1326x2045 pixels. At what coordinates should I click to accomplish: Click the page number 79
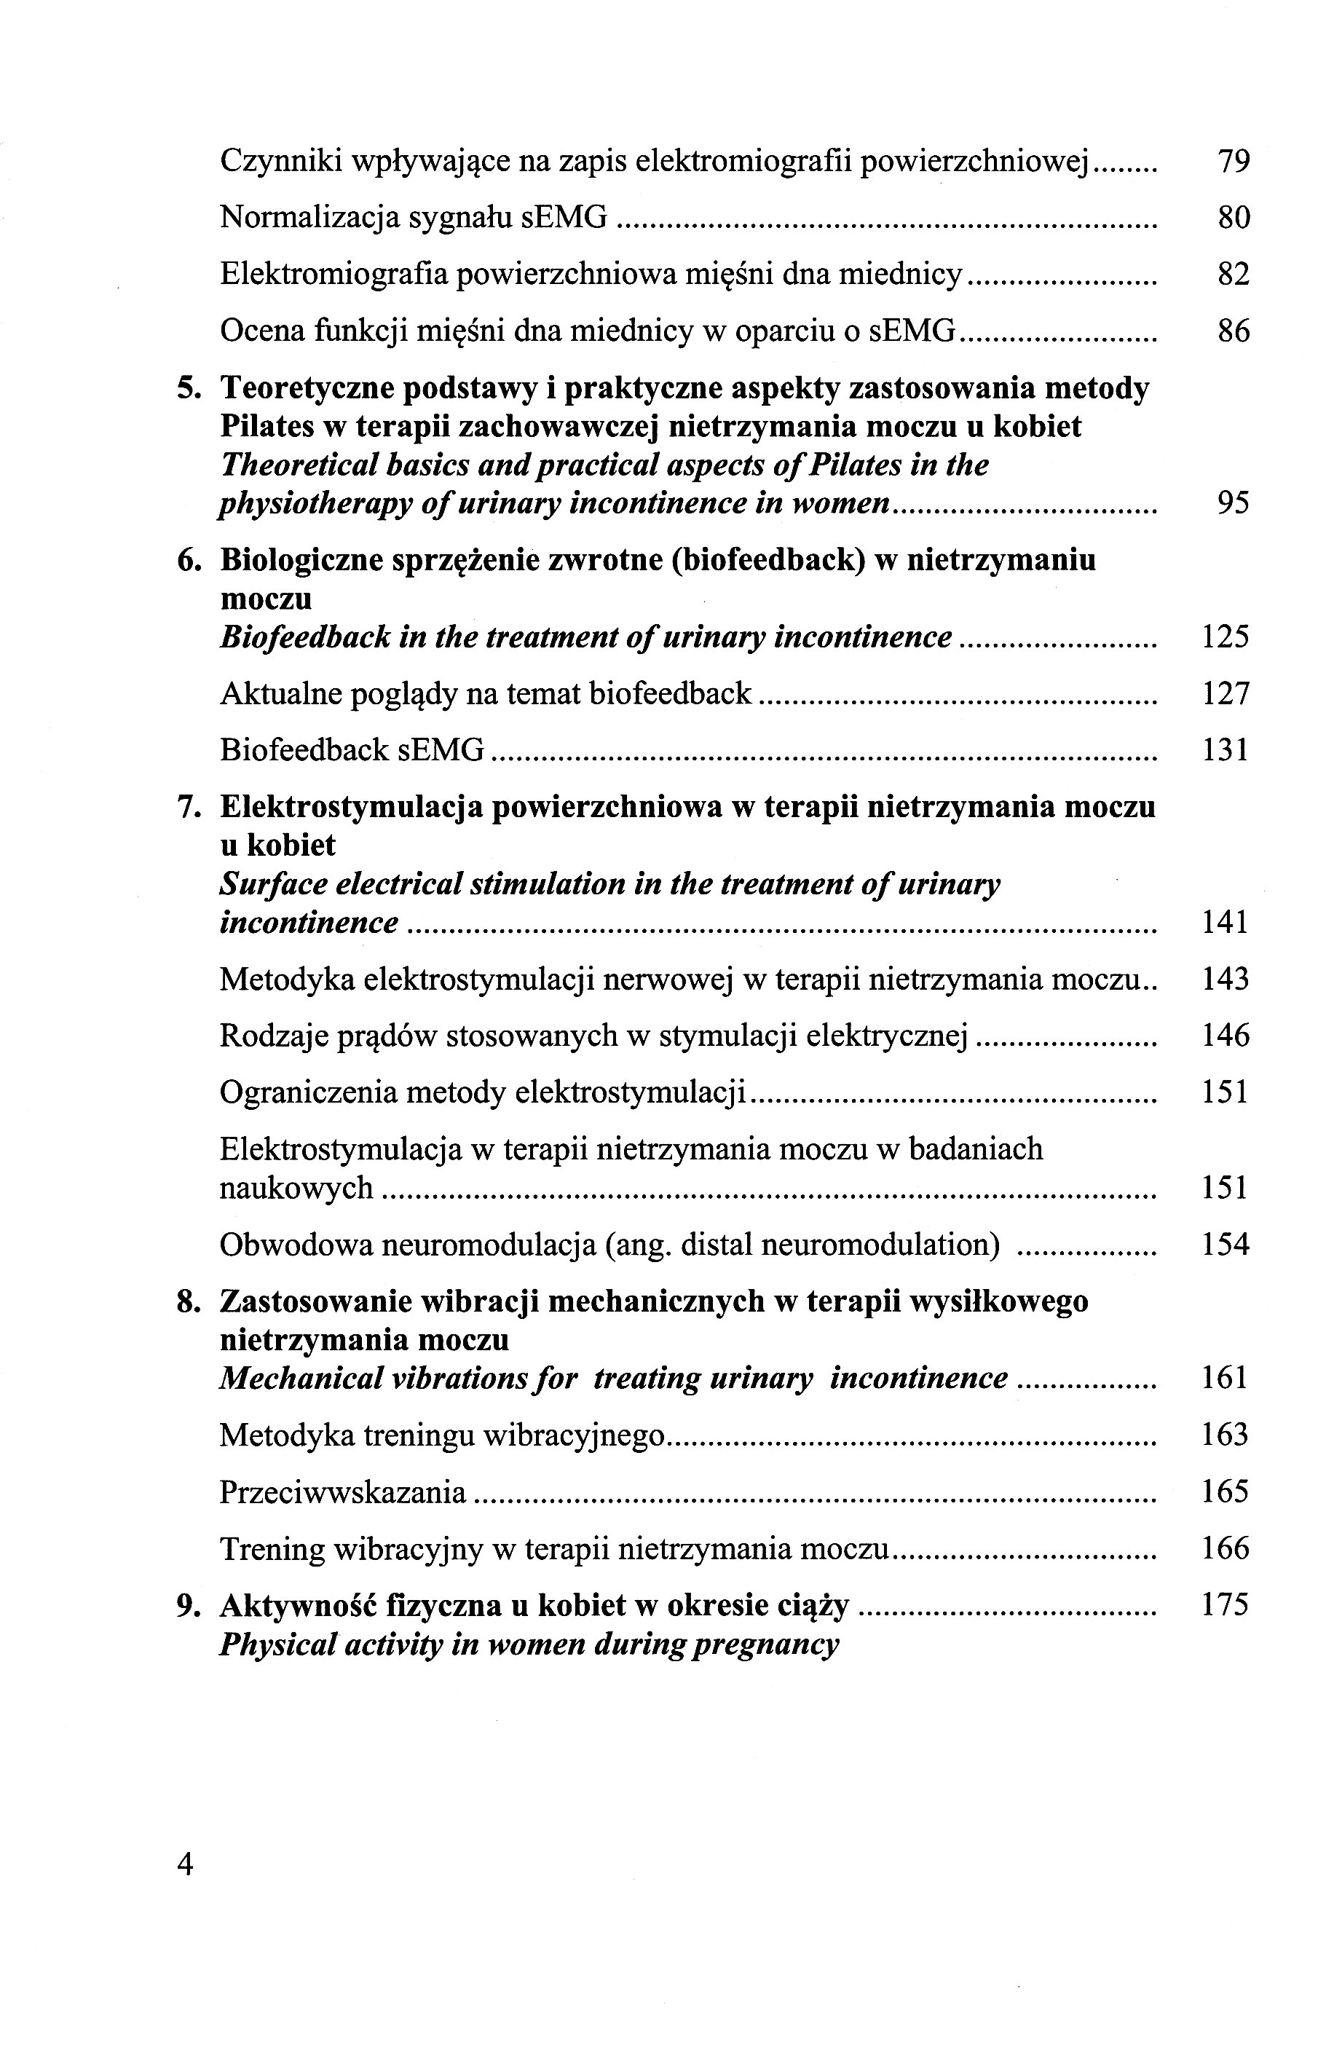click(1234, 162)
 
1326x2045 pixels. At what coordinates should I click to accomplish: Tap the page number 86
click(1234, 331)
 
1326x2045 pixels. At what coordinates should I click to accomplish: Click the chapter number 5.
click(188, 389)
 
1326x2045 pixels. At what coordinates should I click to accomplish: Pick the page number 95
click(1234, 503)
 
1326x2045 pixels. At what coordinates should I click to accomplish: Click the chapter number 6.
click(188, 561)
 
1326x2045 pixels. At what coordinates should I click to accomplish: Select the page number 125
click(1225, 637)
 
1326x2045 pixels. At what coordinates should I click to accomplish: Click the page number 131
click(1225, 751)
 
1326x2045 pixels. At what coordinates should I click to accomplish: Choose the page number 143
click(1225, 980)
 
